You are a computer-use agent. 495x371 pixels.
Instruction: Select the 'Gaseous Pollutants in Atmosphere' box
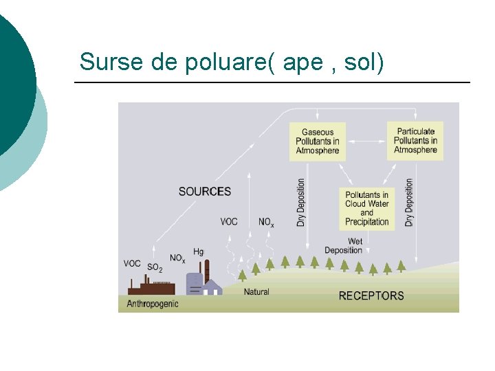(318, 142)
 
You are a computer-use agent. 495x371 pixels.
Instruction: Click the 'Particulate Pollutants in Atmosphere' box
(415, 141)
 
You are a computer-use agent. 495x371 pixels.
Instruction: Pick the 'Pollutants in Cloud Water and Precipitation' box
(366, 208)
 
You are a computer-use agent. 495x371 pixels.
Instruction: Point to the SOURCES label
(205, 192)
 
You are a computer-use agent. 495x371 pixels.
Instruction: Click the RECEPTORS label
(371, 296)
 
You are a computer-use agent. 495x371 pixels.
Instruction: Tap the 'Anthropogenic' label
(153, 304)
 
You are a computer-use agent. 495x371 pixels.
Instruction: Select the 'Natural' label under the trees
(256, 292)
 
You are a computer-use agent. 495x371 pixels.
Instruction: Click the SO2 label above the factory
(155, 267)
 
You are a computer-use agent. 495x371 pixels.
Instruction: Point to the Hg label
(199, 252)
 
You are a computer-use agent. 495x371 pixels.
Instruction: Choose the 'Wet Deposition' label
(344, 246)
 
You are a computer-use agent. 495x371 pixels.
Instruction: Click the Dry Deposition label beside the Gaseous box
(301, 203)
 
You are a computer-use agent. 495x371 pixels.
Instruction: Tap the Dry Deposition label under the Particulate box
(410, 203)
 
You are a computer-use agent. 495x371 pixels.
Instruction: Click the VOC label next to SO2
(132, 263)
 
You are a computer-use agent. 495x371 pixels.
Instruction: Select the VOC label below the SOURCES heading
(229, 222)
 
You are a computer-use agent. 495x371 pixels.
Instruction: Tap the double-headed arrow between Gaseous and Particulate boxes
(366, 142)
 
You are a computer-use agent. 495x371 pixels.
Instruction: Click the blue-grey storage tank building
(195, 284)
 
